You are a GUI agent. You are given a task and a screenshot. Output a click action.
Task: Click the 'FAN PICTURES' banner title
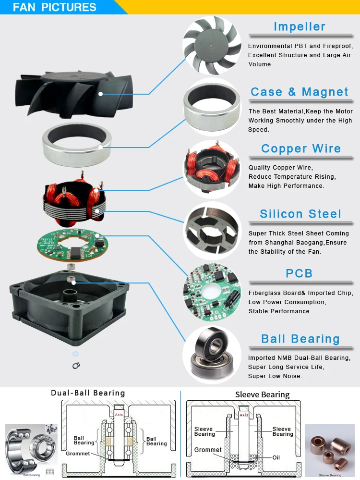(55, 8)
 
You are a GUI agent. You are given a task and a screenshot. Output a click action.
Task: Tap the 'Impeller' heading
(300, 27)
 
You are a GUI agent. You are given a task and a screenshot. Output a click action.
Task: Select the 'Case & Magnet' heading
(300, 92)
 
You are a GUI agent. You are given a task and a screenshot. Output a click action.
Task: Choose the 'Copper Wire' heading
(301, 149)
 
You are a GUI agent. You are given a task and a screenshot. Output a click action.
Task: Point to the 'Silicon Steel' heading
(300, 214)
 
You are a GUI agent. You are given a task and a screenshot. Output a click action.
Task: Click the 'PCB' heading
(299, 273)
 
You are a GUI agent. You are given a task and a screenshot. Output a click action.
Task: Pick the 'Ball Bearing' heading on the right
(300, 339)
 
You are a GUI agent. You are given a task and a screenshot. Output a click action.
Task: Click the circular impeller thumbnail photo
(212, 44)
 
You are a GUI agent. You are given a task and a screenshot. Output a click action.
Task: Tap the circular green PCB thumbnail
(212, 291)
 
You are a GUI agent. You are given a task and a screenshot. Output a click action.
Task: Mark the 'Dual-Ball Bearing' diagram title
(88, 393)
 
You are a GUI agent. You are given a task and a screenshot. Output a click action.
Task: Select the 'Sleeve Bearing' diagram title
(262, 395)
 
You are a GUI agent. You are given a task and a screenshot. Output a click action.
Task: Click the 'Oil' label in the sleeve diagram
(276, 458)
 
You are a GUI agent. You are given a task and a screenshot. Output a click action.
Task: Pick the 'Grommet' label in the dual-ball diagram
(78, 454)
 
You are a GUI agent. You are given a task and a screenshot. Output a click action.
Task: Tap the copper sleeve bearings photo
(329, 448)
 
